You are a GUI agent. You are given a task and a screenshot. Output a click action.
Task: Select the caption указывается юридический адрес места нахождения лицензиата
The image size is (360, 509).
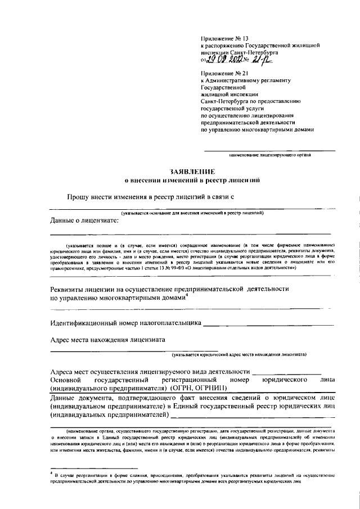coord(240,355)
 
